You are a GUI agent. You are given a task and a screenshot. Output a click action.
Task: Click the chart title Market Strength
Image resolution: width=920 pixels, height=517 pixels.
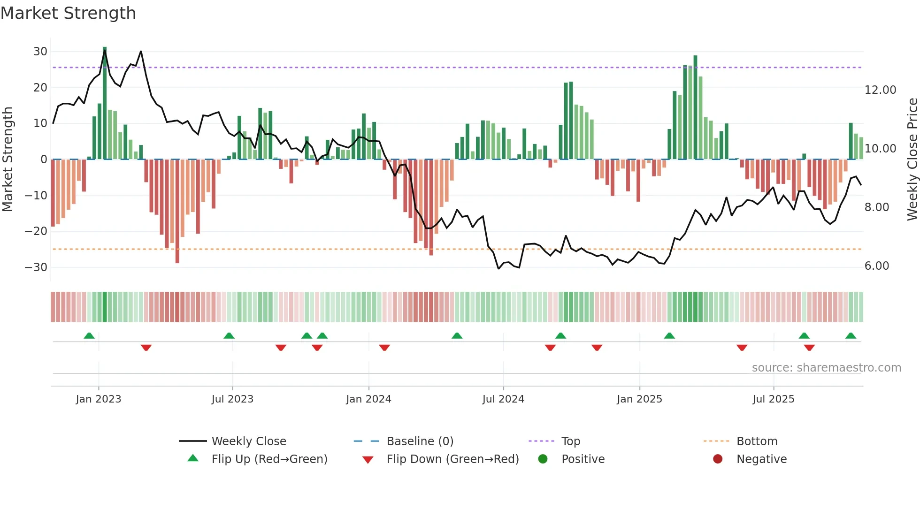coord(68,13)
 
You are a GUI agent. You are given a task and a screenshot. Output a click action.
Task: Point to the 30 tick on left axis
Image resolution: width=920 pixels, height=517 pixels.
coord(40,52)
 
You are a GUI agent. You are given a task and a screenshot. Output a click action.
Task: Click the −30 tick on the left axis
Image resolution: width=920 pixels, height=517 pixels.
coord(36,267)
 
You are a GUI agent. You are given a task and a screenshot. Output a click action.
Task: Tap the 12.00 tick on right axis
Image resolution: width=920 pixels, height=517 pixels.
coord(880,90)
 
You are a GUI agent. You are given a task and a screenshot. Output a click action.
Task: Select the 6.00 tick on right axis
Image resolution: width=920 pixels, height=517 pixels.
coord(876,266)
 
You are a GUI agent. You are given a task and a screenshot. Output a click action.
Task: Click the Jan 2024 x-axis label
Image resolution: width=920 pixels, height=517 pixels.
coord(368,399)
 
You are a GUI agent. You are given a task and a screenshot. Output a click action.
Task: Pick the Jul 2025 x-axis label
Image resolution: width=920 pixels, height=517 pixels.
coord(773,399)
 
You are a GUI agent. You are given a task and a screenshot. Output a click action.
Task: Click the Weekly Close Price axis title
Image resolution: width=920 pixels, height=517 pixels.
coord(912,160)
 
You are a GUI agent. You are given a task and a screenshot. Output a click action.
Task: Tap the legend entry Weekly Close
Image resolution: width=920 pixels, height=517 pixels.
coord(248,441)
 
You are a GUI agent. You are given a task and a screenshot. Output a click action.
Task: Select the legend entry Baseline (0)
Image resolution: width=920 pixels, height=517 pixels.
coord(420,441)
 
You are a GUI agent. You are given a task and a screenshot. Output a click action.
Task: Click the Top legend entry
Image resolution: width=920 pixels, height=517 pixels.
coord(571,441)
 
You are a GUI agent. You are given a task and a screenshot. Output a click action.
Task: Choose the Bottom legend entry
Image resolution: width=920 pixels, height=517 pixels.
coord(757,441)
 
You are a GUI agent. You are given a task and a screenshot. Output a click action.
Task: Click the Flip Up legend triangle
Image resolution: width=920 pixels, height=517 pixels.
coord(193,458)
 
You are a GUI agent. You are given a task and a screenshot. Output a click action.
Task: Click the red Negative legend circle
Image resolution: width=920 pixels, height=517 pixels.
coord(718,459)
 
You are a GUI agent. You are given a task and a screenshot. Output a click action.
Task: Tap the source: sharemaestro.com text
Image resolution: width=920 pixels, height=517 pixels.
coord(826,368)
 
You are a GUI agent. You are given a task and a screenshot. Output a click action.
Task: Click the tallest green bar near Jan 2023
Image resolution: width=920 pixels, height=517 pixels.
coord(105,103)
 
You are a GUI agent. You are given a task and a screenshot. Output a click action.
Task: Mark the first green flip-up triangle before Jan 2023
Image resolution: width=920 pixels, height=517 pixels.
coord(89,335)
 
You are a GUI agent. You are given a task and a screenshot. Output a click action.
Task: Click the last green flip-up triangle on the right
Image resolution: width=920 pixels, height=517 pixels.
coord(851,335)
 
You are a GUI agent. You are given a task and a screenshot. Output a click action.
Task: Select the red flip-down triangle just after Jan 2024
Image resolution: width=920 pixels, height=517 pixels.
coord(384,348)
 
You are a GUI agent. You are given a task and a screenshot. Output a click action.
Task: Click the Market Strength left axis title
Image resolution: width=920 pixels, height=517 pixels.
coord(8,160)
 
